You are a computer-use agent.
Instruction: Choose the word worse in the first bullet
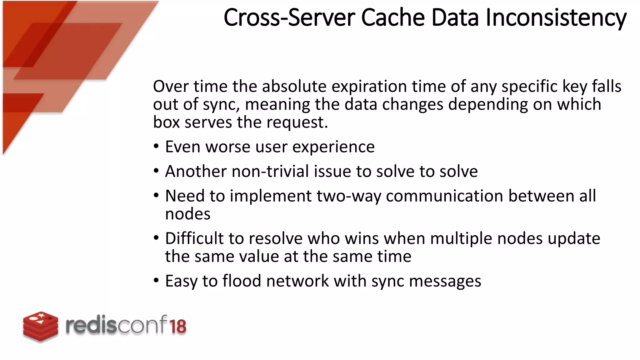click(x=228, y=147)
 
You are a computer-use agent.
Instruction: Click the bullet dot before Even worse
click(x=156, y=147)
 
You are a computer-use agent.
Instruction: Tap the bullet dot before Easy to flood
click(x=156, y=281)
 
